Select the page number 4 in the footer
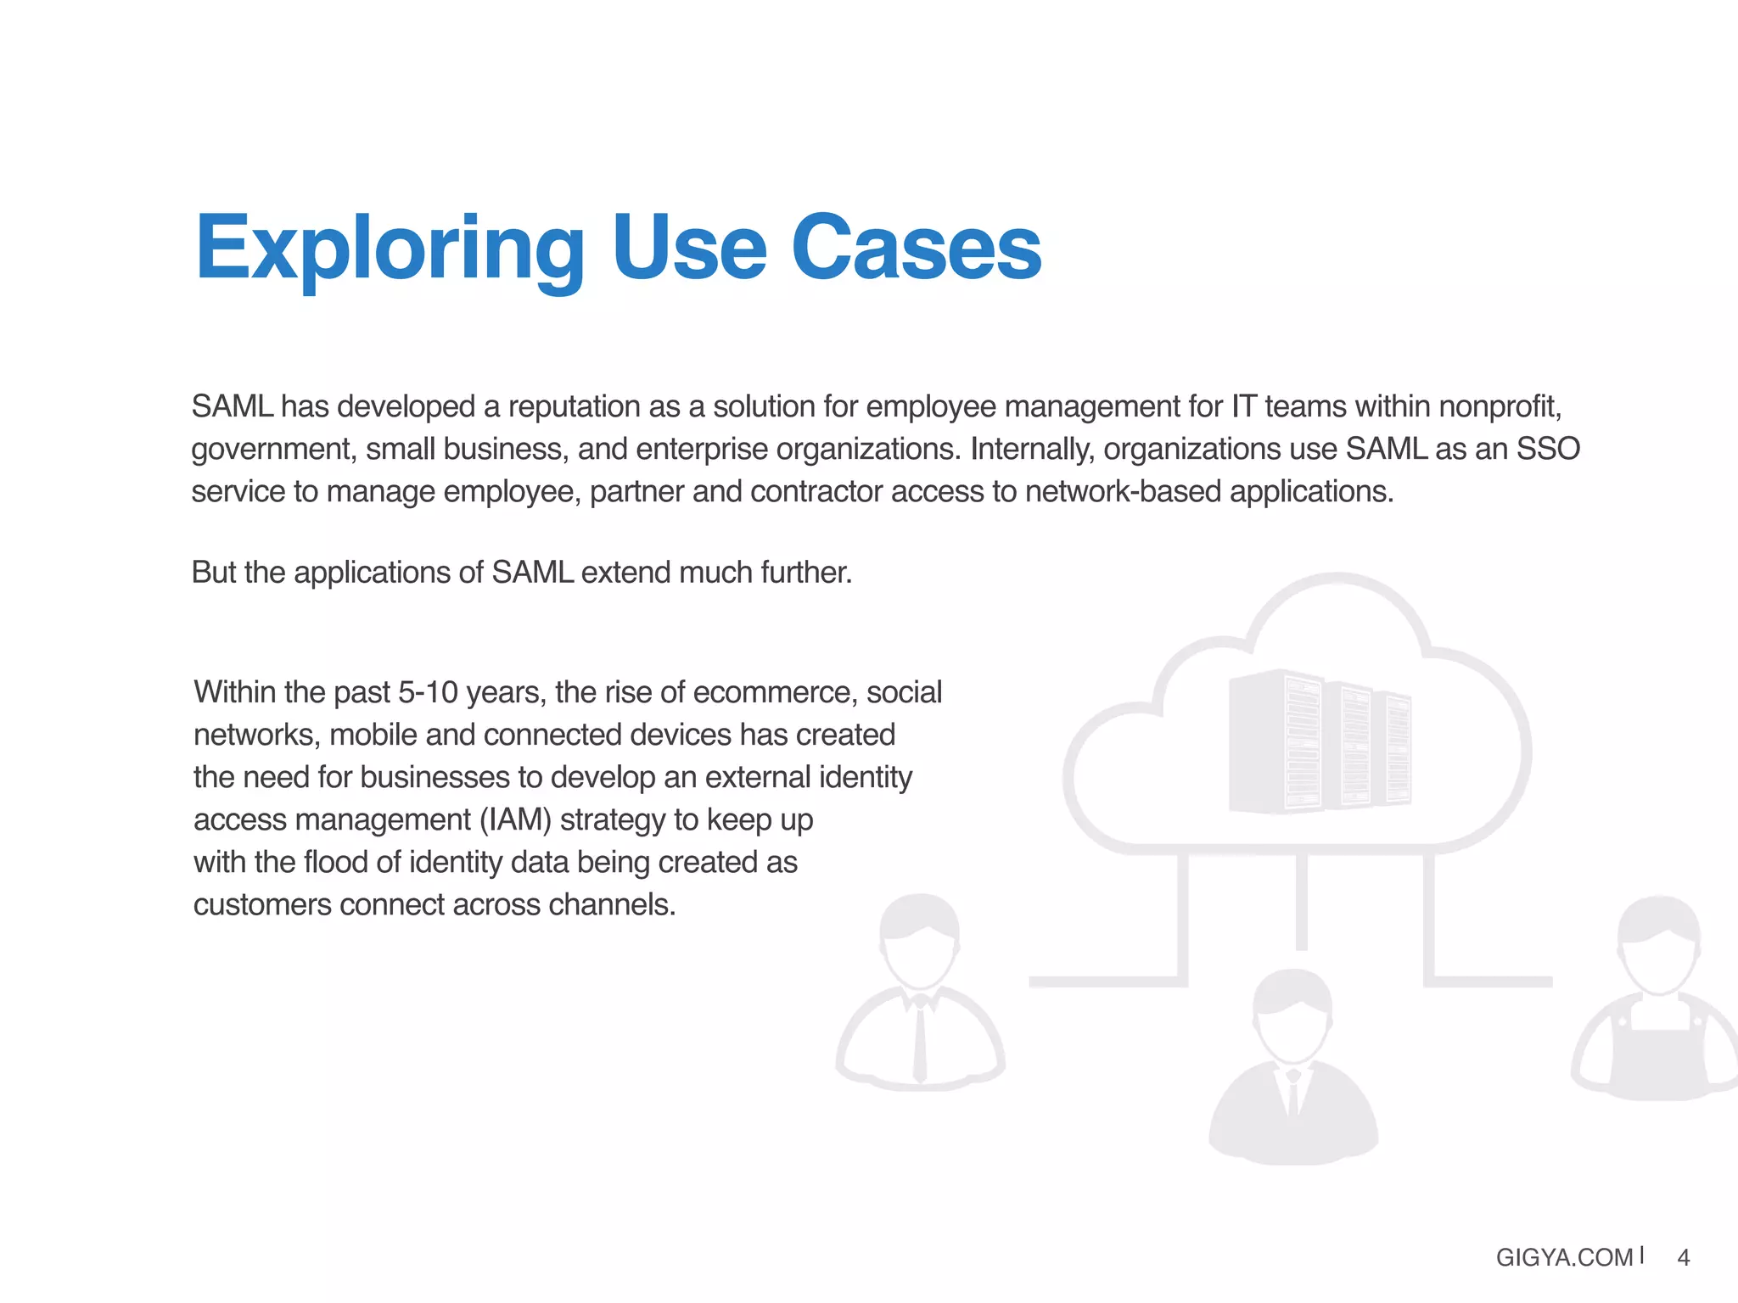pos(1684,1257)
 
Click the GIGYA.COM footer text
pos(1564,1257)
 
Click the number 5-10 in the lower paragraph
pos(428,693)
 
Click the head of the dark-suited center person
pos(1292,1014)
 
